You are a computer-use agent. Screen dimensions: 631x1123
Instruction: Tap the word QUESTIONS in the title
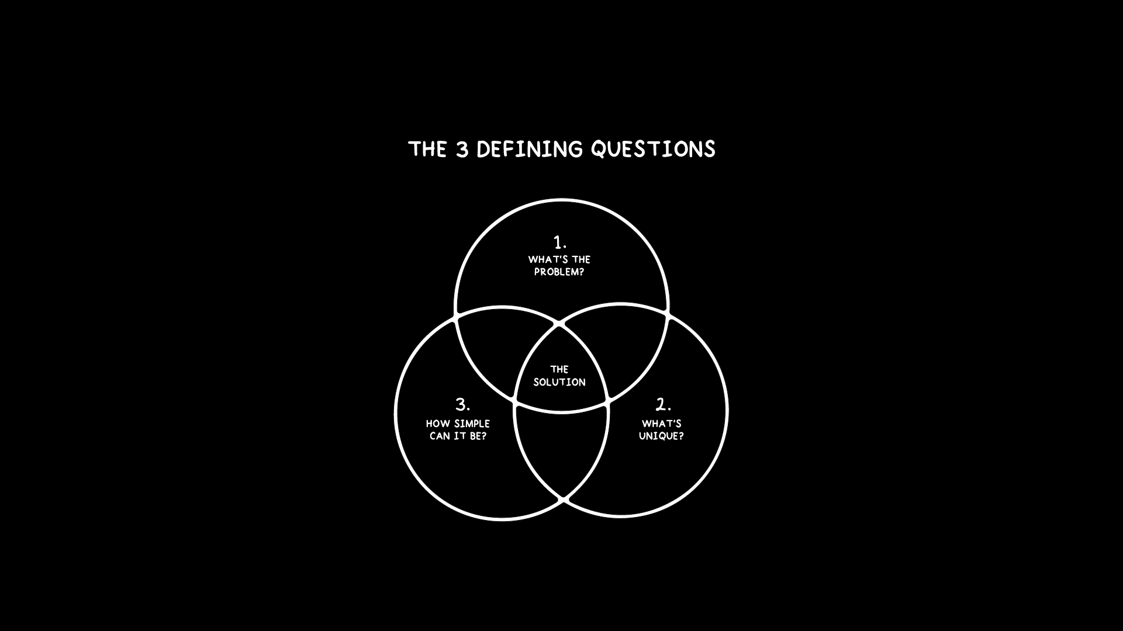(x=653, y=150)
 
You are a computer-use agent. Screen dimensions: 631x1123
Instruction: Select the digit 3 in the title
(x=462, y=150)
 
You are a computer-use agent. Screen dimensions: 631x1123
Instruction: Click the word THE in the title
(x=427, y=150)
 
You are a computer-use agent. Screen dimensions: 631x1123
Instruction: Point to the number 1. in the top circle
(x=559, y=242)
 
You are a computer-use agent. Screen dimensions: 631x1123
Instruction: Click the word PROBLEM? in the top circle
(x=559, y=272)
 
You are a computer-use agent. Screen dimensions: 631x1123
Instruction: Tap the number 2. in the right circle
(x=663, y=404)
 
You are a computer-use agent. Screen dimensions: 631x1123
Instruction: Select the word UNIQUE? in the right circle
(x=661, y=436)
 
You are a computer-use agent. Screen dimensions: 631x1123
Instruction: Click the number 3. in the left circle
(x=462, y=404)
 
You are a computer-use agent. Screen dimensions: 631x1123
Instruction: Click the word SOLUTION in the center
(x=559, y=382)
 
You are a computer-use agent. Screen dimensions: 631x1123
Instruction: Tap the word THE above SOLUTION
(x=559, y=369)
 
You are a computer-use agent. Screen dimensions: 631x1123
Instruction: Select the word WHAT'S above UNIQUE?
(x=662, y=424)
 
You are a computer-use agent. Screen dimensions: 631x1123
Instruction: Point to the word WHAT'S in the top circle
(x=543, y=259)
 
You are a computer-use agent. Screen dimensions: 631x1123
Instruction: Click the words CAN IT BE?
(x=458, y=436)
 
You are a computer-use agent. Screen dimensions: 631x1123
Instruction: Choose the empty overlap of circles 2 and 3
(x=561, y=450)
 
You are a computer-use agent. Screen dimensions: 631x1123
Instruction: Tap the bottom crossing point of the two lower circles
(x=563, y=500)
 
